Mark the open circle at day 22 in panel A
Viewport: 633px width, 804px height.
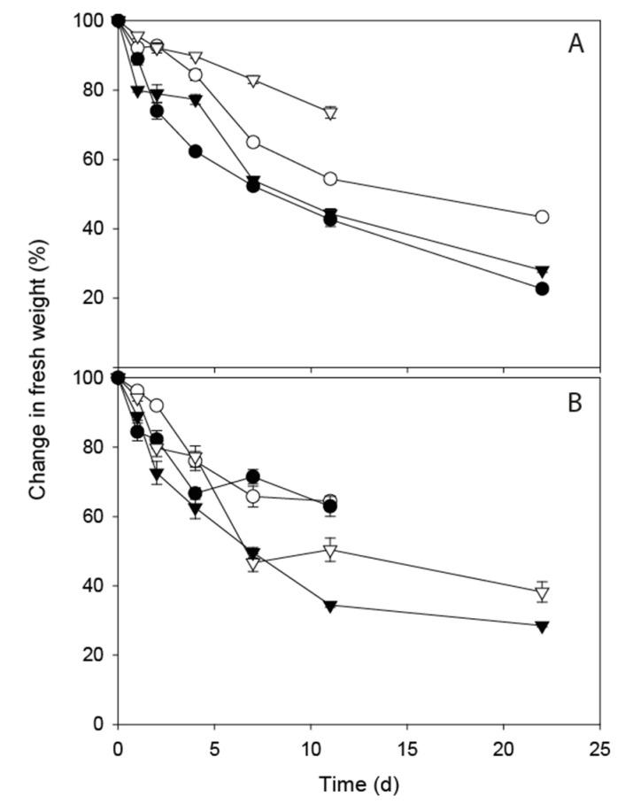(x=543, y=217)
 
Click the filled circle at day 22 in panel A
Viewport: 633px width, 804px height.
(x=543, y=289)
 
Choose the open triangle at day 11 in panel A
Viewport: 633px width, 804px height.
(x=330, y=113)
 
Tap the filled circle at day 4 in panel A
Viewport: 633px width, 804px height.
(x=196, y=151)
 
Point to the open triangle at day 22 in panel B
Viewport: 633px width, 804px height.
(x=543, y=593)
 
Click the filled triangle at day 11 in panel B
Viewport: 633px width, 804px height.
(x=330, y=606)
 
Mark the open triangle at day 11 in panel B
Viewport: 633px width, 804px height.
(x=330, y=552)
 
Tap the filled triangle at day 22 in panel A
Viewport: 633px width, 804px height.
(x=543, y=271)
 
